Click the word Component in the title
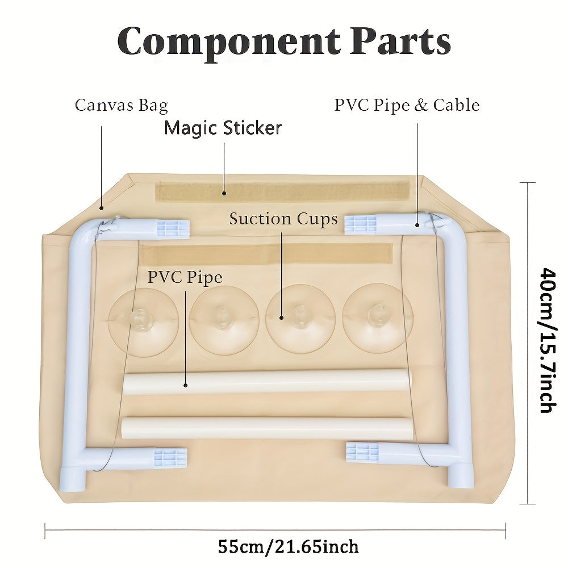tap(227, 41)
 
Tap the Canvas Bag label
tap(121, 106)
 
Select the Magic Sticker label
tap(223, 128)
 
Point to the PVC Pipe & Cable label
tap(407, 106)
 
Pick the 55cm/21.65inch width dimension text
tap(288, 546)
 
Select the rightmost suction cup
tap(377, 318)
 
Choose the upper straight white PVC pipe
tap(266, 382)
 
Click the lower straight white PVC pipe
tap(267, 428)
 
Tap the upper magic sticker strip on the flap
tap(282, 191)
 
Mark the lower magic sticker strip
tap(266, 253)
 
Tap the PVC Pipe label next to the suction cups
tap(185, 277)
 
